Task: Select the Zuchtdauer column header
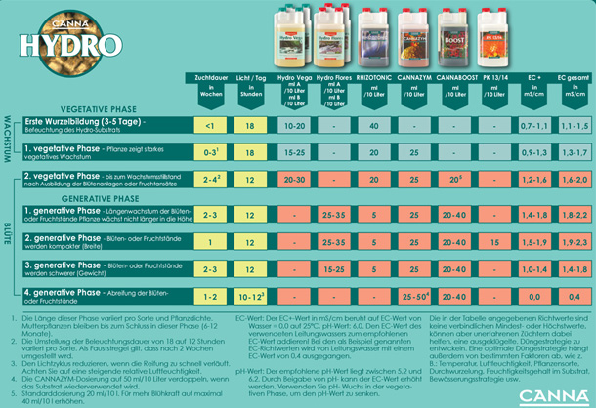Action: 210,78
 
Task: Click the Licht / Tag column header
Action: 250,78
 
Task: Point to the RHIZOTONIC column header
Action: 374,78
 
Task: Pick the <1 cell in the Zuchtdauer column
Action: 210,127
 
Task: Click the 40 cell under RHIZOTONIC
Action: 374,127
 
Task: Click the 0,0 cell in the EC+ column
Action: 534,295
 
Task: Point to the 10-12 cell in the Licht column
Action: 251,295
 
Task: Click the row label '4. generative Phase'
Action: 64,292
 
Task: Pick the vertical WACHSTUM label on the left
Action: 7,137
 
